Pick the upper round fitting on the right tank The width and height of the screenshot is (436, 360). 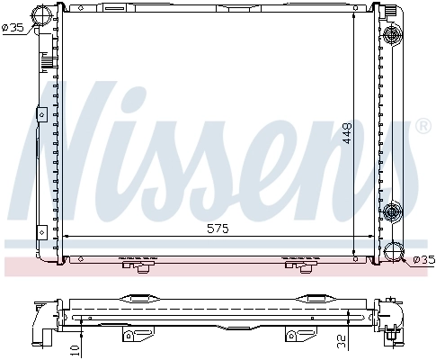click(x=392, y=35)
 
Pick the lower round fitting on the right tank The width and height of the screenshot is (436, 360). click(x=392, y=211)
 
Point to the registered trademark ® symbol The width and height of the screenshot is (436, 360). click(x=423, y=128)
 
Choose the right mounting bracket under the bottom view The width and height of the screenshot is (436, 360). click(x=293, y=335)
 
